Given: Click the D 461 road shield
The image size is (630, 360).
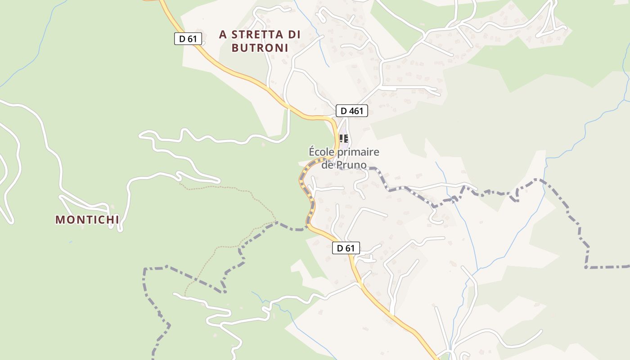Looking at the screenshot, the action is pos(352,111).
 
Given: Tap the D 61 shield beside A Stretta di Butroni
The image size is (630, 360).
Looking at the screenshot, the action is pos(188,39).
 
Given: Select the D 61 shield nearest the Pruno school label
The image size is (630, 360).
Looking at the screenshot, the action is pos(346,248).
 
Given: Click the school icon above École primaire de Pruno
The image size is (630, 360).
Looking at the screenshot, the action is pos(344,138).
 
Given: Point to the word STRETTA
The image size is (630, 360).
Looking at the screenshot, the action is pos(257,35).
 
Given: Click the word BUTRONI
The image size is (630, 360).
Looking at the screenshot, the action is pos(260,48).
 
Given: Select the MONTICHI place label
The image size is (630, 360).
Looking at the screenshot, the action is pos(87,220).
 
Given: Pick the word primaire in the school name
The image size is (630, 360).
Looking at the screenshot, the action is pos(358,152).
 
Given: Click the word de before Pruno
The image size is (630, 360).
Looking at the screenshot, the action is pos(327,165).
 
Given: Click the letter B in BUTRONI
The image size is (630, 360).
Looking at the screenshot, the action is pos(235,48).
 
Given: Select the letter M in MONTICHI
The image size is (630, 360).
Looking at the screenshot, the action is pos(60,220).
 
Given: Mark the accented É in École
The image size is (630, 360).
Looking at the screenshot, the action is pos(312,152).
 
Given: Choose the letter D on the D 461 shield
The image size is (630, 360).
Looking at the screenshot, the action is pos(344,111).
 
